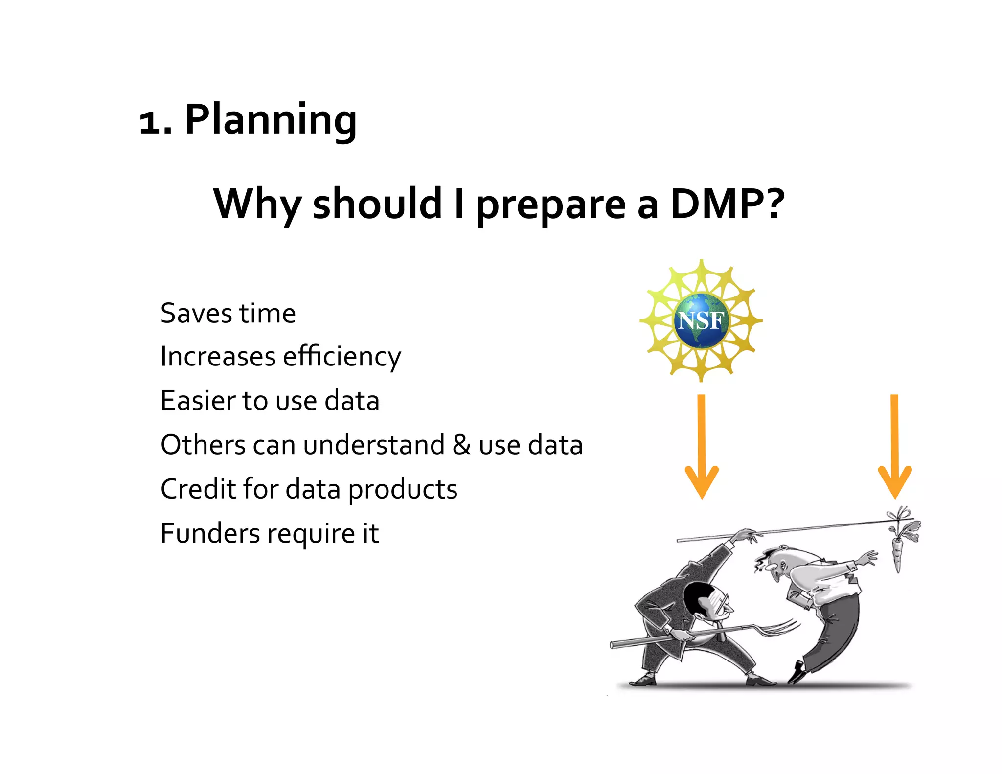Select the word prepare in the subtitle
550,205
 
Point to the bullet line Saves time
228,314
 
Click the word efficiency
342,357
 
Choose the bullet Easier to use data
270,401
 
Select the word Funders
210,533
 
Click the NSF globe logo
701,320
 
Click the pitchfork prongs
778,627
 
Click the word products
403,489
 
